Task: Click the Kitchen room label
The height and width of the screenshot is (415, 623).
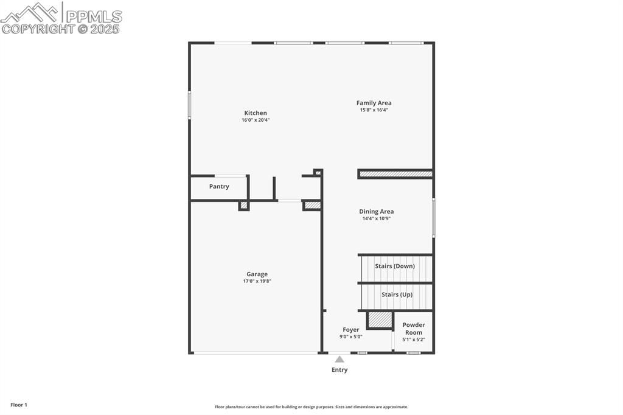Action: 256,113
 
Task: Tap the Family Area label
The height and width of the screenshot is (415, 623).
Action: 374,103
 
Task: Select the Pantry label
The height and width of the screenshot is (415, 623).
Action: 219,186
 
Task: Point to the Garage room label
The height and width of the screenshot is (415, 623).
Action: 257,274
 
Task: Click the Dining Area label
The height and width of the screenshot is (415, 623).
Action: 376,211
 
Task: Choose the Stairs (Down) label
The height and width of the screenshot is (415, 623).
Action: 395,266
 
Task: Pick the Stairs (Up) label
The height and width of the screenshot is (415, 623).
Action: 397,295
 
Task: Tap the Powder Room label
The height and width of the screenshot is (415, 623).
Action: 414,329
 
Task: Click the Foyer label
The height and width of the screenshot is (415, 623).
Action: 350,330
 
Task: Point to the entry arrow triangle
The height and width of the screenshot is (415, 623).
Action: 339,360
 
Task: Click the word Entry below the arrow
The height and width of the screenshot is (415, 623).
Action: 339,369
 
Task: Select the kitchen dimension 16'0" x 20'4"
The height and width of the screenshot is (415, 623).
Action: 256,120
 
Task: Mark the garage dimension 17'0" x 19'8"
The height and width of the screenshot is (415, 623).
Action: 257,281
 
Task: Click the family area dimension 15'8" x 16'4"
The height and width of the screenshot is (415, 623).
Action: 374,110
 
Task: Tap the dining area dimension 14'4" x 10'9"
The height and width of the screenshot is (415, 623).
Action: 376,218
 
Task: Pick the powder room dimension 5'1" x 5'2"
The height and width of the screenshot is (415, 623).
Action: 414,340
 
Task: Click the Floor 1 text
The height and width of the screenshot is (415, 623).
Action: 19,405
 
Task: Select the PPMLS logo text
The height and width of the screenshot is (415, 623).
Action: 94,16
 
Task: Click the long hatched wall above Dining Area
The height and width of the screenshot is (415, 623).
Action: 395,174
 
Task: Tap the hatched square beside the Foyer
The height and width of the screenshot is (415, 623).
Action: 380,319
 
